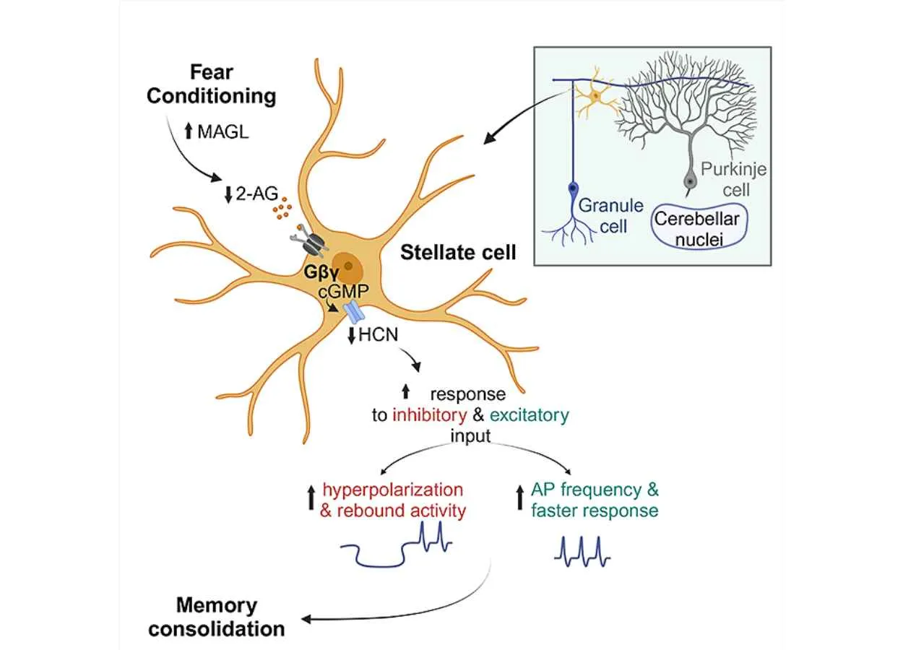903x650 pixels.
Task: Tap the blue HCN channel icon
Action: coord(354,312)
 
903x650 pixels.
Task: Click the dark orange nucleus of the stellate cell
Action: coord(347,267)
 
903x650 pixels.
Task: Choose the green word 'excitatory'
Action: coord(529,415)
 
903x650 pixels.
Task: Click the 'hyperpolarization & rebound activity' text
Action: coord(393,500)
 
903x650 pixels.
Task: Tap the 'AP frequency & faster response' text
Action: coord(595,500)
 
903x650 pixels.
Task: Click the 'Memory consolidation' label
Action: coord(217,617)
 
